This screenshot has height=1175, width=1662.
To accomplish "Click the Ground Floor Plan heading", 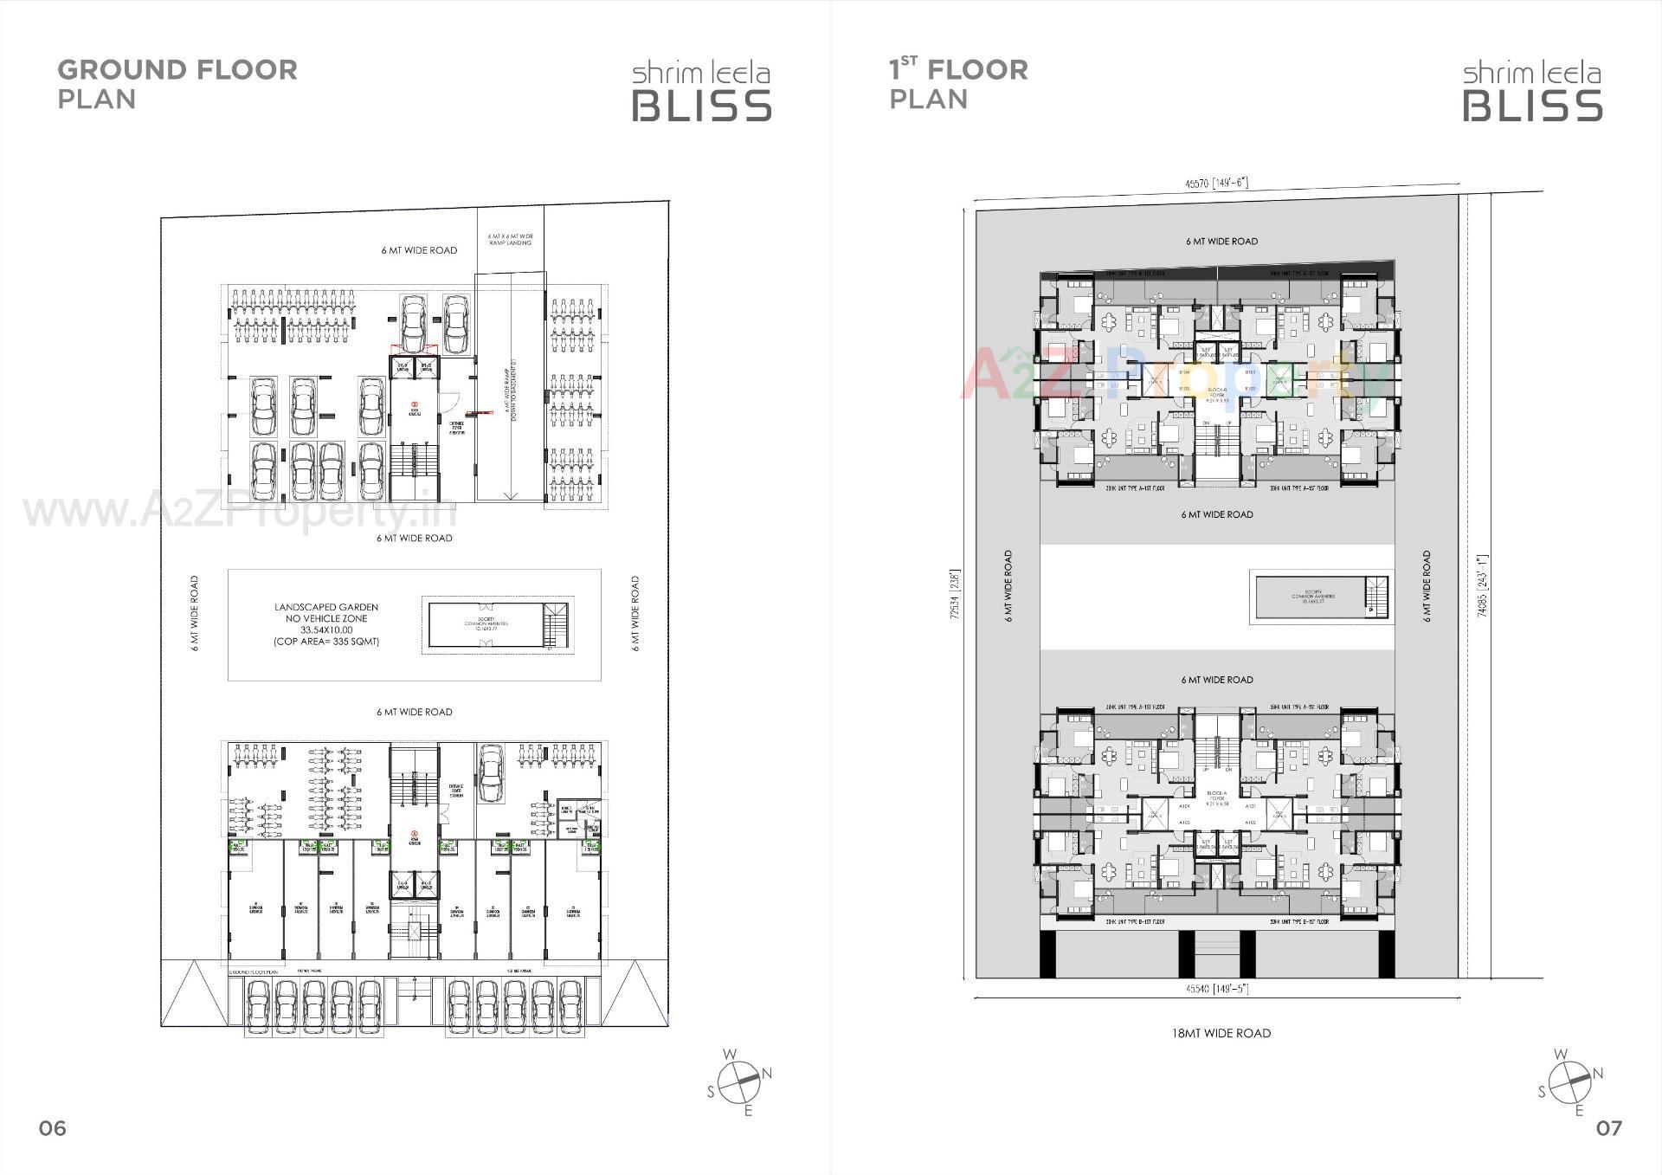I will point(177,83).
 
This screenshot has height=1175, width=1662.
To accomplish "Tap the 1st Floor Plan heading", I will point(958,83).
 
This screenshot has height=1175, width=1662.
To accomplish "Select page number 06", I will point(52,1128).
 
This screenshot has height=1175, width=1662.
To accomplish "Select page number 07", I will point(1608,1128).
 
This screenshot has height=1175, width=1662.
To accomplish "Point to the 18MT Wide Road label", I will point(1221,1033).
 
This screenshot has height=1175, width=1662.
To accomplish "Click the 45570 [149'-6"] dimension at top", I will point(1216,184).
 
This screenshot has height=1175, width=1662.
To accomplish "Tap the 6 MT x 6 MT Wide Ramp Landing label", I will point(510,240).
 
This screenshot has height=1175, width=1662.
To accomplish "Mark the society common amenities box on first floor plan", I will point(1312,596).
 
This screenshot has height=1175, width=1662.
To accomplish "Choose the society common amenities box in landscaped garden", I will point(486,624).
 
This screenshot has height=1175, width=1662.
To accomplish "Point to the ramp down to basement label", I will point(512,391).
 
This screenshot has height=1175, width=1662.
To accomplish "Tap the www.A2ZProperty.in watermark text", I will point(239,511).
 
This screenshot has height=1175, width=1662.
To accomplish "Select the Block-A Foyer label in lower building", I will point(1217,801).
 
